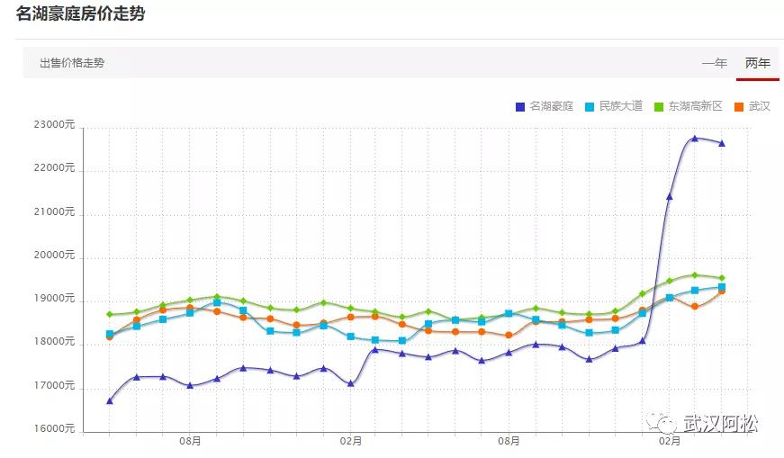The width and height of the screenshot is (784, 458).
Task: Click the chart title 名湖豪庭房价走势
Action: (80, 13)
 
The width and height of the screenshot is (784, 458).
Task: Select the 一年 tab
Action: (715, 63)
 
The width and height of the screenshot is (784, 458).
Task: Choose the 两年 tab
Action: (758, 63)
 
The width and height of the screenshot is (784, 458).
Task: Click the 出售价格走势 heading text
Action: (72, 63)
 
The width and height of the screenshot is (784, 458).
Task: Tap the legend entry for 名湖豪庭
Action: (545, 106)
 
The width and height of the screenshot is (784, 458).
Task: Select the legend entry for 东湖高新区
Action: (689, 106)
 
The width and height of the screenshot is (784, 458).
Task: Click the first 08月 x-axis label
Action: (190, 442)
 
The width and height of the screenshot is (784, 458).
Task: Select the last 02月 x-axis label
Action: (669, 442)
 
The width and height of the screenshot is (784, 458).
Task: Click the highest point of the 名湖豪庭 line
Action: (695, 139)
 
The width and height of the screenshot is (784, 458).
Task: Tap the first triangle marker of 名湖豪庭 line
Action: (110, 401)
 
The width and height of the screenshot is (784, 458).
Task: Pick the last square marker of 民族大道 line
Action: (722, 287)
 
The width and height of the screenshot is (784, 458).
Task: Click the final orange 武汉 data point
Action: (722, 291)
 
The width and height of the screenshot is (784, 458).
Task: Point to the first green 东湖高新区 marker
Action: (110, 314)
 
